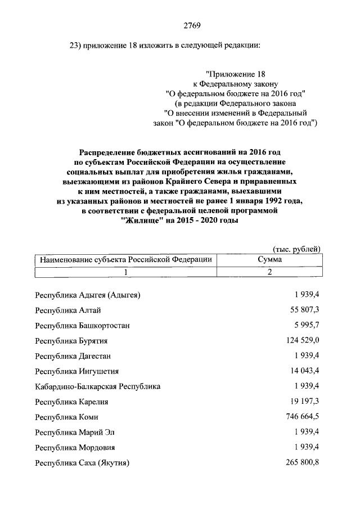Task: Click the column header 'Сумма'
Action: tap(269, 260)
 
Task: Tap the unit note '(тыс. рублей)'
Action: tap(296, 249)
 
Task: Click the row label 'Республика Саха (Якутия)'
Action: tap(82, 463)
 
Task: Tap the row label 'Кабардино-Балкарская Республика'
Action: tap(97, 386)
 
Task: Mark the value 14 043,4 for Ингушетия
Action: tap(302, 371)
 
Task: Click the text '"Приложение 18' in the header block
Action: tap(236, 74)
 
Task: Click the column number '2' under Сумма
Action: tap(269, 272)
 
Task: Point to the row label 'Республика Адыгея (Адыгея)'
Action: tap(87, 295)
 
